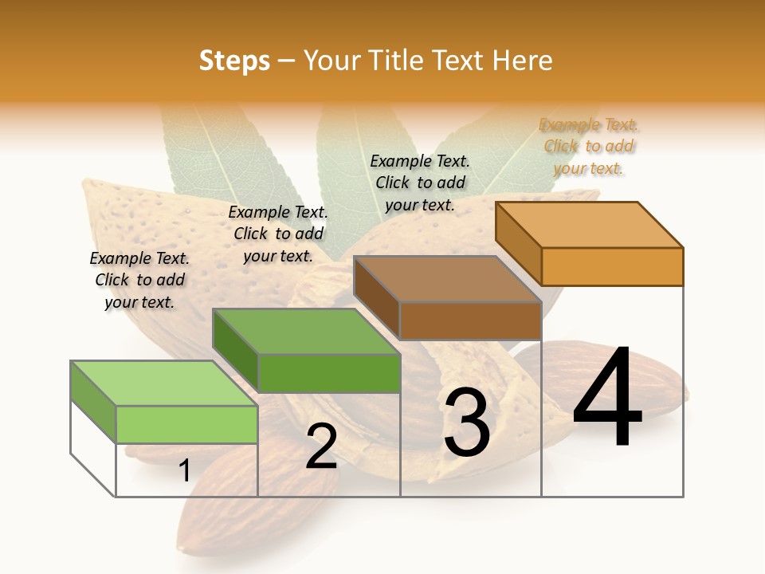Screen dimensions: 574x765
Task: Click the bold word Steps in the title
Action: point(234,61)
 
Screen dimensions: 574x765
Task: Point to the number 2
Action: point(321,446)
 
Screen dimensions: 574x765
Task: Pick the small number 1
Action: point(184,470)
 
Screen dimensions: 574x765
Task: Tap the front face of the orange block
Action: point(612,266)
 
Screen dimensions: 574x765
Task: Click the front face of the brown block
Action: point(470,320)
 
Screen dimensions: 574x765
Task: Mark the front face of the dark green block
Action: point(329,373)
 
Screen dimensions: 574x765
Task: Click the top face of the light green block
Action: point(164,383)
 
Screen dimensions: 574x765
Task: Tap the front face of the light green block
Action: point(186,424)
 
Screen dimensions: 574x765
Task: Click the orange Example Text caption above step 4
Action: point(589,146)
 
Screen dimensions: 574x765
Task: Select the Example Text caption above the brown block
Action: point(420,183)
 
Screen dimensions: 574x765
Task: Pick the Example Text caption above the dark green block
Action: point(278,234)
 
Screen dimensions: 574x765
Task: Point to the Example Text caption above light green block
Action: point(139,280)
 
